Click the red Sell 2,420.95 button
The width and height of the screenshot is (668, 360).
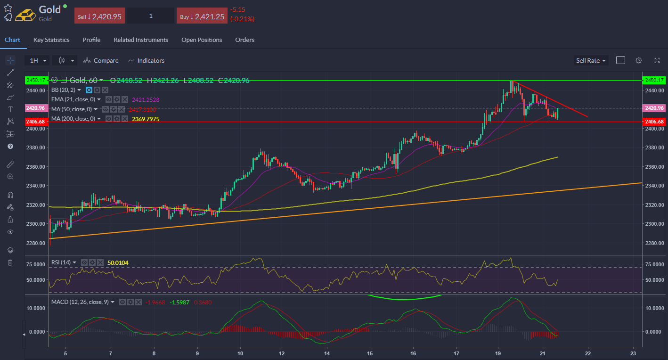pyautogui.click(x=99, y=16)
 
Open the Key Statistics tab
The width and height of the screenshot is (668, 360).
pyautogui.click(x=51, y=40)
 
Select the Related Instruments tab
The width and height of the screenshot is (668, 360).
pyautogui.click(x=141, y=40)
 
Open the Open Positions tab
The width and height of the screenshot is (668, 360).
pyautogui.click(x=202, y=40)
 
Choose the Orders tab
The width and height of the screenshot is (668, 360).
pyautogui.click(x=244, y=40)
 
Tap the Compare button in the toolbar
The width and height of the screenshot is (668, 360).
pyautogui.click(x=101, y=60)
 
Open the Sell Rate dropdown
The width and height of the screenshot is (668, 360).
pyautogui.click(x=591, y=60)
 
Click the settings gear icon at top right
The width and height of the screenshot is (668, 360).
pyautogui.click(x=639, y=60)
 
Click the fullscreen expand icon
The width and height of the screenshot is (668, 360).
pyautogui.click(x=657, y=60)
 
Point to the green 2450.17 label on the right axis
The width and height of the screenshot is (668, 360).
pyautogui.click(x=655, y=80)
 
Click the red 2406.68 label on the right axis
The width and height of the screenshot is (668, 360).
pyautogui.click(x=655, y=122)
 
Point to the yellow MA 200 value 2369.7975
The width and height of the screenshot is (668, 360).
pyautogui.click(x=145, y=119)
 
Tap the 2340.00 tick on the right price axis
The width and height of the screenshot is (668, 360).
pyautogui.click(x=654, y=186)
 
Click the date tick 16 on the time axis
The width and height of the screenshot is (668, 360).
pyautogui.click(x=413, y=353)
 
